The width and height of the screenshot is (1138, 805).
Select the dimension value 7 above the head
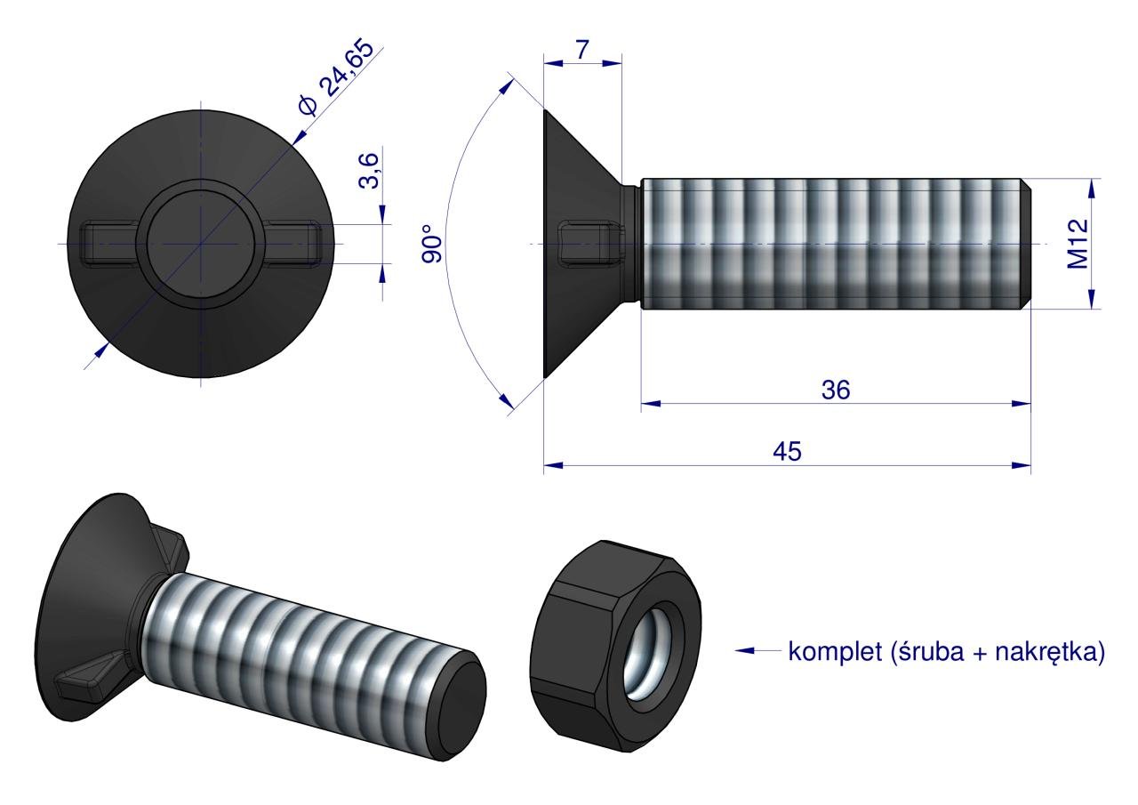point(581,50)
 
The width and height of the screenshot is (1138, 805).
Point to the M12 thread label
point(1078,244)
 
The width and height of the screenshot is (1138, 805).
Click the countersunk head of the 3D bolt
point(84,605)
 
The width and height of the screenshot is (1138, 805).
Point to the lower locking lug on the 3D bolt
point(84,687)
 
